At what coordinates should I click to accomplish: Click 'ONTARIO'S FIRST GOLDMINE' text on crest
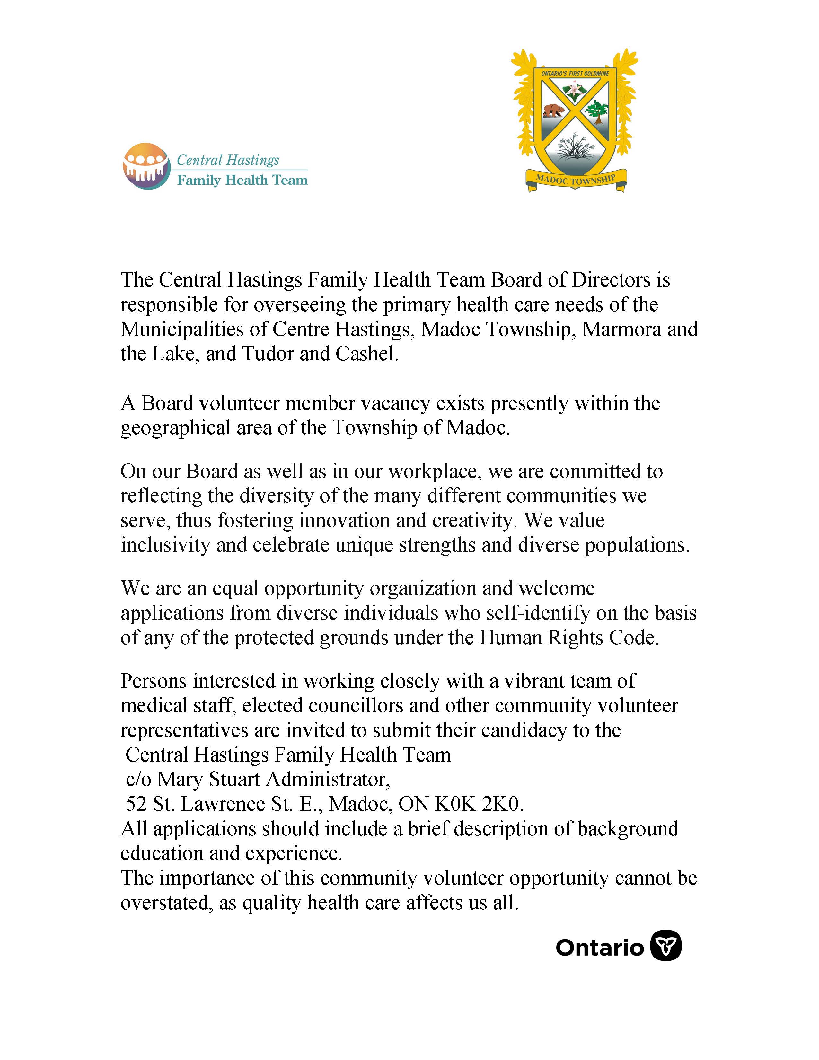click(x=575, y=73)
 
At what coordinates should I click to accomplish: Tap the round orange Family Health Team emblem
click(x=146, y=166)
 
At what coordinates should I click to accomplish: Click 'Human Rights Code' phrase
click(x=568, y=638)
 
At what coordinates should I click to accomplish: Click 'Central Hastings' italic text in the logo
click(x=228, y=160)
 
